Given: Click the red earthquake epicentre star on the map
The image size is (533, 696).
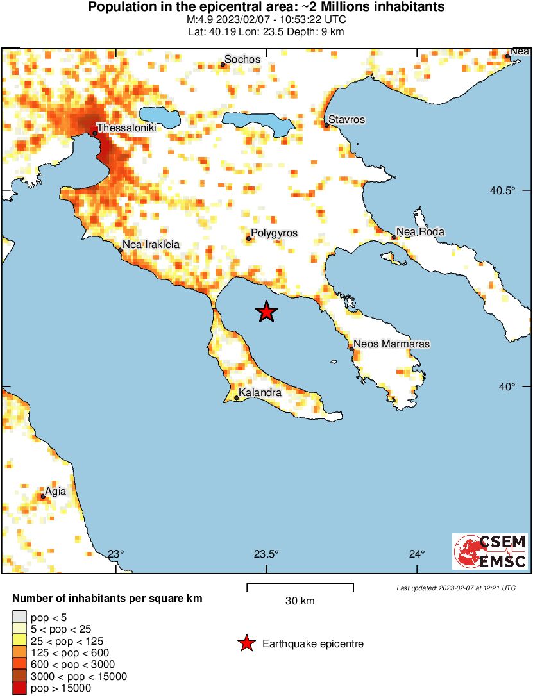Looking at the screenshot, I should click(x=266, y=312).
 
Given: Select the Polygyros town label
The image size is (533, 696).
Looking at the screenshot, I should click(x=275, y=233).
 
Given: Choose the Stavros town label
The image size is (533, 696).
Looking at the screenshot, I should click(x=347, y=120).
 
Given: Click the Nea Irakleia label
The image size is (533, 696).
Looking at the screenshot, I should click(x=151, y=244).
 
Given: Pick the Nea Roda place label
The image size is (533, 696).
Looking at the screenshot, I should click(x=421, y=232).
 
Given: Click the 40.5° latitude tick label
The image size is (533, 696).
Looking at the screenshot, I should click(x=503, y=190).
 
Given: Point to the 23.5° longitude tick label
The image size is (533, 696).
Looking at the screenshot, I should click(x=266, y=554).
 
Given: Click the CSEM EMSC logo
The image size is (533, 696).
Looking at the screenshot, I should click(x=490, y=551).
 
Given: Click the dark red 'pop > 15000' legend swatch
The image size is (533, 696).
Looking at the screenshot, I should click(x=19, y=688).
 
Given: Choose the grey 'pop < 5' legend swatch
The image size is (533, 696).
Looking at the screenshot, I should click(x=19, y=617).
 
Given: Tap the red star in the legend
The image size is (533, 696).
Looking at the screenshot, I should click(x=246, y=643).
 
